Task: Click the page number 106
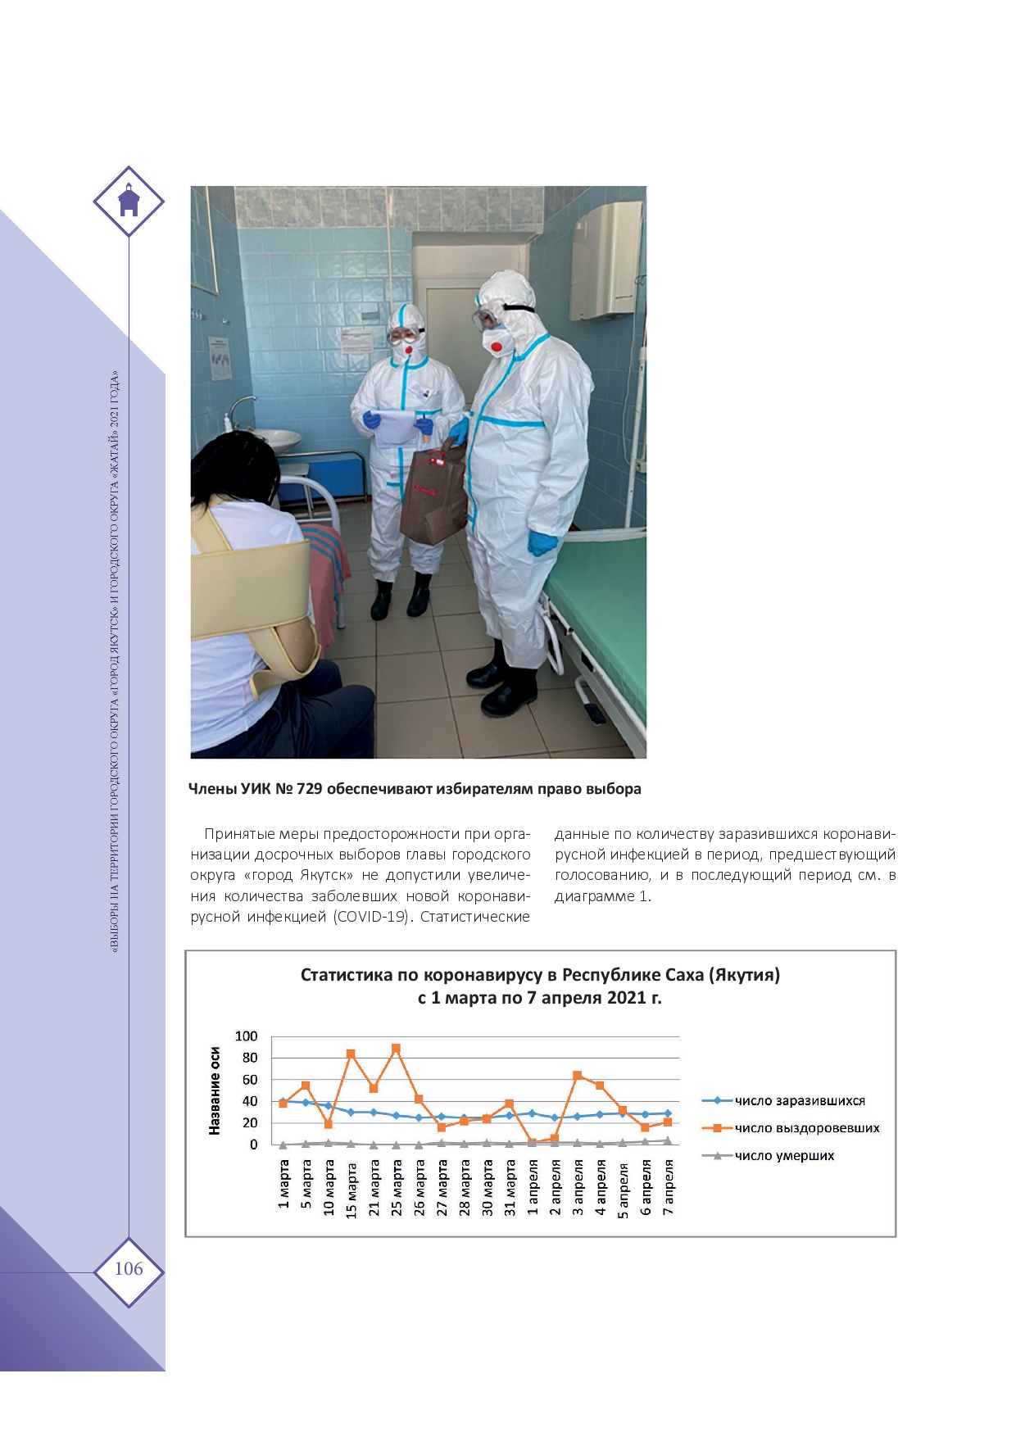coord(129,1269)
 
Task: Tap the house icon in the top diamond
coord(129,202)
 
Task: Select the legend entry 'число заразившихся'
coord(799,1101)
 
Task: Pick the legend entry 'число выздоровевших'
coord(806,1128)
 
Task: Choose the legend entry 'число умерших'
coord(784,1156)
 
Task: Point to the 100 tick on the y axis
coord(246,1036)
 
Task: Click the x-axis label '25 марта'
coord(397,1187)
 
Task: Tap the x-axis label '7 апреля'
coord(669,1187)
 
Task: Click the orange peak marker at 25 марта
coord(397,1048)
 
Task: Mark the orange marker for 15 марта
coord(351,1054)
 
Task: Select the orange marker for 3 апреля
coord(578,1075)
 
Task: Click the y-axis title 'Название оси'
coord(215,1090)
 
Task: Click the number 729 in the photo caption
coord(308,789)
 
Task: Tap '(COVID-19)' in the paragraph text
coord(371,917)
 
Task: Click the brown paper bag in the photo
coord(432,496)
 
